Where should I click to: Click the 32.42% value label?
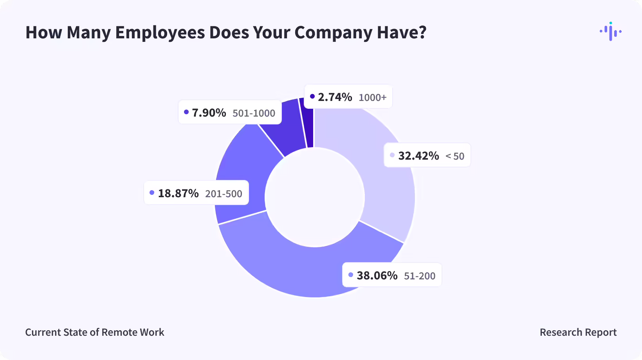coord(418,156)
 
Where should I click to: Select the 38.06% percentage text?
coord(377,275)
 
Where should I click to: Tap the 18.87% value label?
coord(178,193)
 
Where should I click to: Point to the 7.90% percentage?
coord(209,113)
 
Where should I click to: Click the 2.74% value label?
coord(335,97)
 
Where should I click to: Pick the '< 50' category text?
coord(455,156)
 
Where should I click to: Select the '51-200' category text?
coord(420,276)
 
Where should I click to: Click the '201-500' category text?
coord(224,194)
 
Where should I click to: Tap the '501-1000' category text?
coord(254,113)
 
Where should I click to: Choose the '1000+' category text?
coord(372,97)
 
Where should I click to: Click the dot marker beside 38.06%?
coord(351,275)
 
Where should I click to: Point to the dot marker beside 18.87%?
coord(152,193)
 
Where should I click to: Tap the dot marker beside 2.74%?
coord(312,96)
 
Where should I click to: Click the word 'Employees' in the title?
coord(160,32)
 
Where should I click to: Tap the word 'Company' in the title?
coord(333,32)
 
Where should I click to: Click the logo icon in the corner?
coord(610,31)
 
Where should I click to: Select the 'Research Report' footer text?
coord(578,332)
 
